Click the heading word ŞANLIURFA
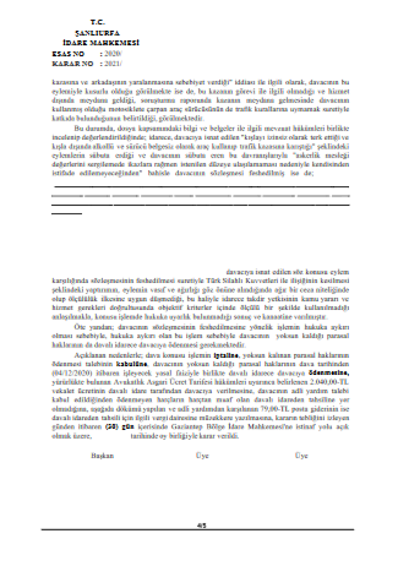click(97, 33)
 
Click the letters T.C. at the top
click(98, 23)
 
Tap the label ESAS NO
click(68, 54)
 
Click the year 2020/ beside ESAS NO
click(113, 54)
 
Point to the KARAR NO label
click(72, 63)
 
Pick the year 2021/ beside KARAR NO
click(113, 63)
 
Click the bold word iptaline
click(226, 355)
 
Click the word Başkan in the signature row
click(102, 455)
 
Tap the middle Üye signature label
click(202, 455)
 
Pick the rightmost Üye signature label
click(301, 455)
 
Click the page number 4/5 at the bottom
click(202, 525)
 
